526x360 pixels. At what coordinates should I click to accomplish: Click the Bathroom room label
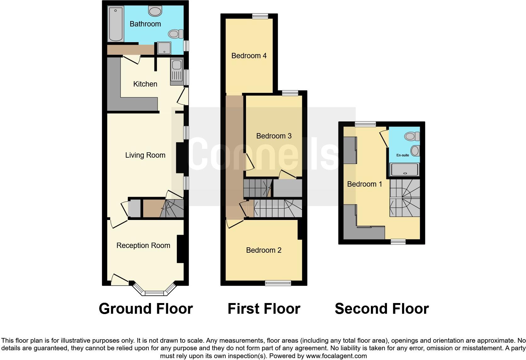[145, 24]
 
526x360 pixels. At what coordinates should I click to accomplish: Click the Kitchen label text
[145, 84]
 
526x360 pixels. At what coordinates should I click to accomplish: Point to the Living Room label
[145, 155]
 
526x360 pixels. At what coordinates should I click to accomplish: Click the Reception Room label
[143, 245]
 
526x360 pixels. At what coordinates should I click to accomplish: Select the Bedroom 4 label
[249, 56]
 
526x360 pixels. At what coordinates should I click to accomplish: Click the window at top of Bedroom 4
[260, 16]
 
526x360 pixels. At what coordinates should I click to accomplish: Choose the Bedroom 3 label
[274, 136]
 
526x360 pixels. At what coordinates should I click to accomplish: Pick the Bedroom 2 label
[264, 250]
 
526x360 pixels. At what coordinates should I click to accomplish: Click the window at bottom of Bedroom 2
[278, 283]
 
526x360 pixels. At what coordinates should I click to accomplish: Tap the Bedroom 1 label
[364, 184]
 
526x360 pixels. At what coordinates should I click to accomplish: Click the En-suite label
[403, 155]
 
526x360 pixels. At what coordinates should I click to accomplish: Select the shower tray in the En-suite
[405, 170]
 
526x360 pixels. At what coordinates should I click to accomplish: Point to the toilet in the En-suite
[412, 136]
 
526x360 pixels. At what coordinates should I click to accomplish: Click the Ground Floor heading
[146, 309]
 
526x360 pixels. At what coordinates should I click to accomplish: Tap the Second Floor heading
[382, 309]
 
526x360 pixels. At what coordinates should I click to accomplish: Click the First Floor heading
[264, 309]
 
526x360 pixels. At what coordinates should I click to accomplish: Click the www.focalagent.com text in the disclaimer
[336, 356]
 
